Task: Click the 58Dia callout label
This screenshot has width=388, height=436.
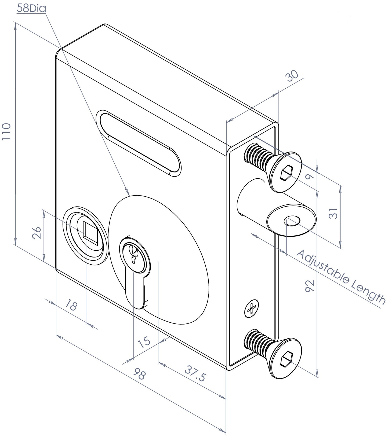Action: click(x=31, y=8)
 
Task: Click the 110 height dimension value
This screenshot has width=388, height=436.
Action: click(x=6, y=132)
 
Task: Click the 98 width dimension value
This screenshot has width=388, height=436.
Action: click(x=140, y=374)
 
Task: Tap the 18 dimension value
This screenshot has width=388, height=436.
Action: click(x=71, y=306)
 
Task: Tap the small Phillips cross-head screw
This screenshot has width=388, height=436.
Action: click(x=252, y=308)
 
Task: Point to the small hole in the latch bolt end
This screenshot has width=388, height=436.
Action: click(x=292, y=220)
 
